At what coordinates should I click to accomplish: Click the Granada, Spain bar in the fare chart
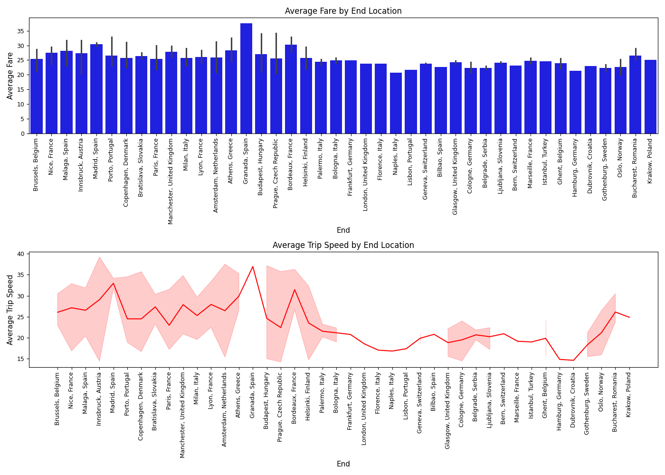pos(246,78)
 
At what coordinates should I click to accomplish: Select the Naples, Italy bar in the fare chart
pos(396,103)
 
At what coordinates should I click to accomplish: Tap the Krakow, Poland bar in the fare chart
pos(650,96)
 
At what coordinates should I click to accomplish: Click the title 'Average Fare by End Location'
pos(343,11)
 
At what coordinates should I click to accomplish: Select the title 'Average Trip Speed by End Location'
pos(343,245)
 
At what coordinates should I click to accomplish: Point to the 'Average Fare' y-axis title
pos(10,76)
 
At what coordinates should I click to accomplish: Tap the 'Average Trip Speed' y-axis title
pos(10,310)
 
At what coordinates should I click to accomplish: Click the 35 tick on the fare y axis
pos(21,31)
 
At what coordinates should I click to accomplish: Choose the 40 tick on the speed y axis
pos(21,254)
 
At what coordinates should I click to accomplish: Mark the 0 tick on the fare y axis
pos(23,133)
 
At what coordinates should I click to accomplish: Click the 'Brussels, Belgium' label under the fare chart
pos(36,165)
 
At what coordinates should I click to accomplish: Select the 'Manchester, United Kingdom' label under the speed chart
pos(183,415)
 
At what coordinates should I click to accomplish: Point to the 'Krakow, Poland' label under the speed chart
pos(629,395)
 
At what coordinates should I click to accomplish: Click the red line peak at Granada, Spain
pos(253,266)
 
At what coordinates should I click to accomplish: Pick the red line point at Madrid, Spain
pos(113,284)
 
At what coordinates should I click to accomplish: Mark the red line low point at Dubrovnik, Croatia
pos(573,360)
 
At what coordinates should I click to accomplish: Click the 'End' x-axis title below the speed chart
pos(343,464)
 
